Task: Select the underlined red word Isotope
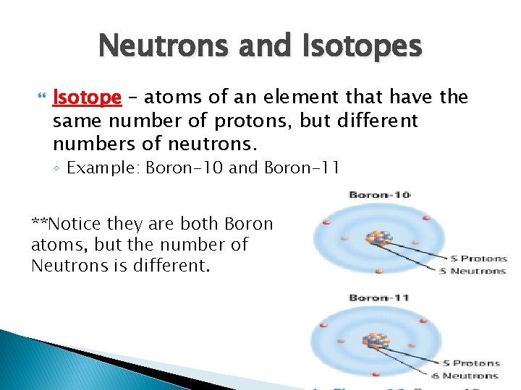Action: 87,97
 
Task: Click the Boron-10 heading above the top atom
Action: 379,194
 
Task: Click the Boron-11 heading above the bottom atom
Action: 379,298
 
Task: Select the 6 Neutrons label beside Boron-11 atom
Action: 470,376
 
